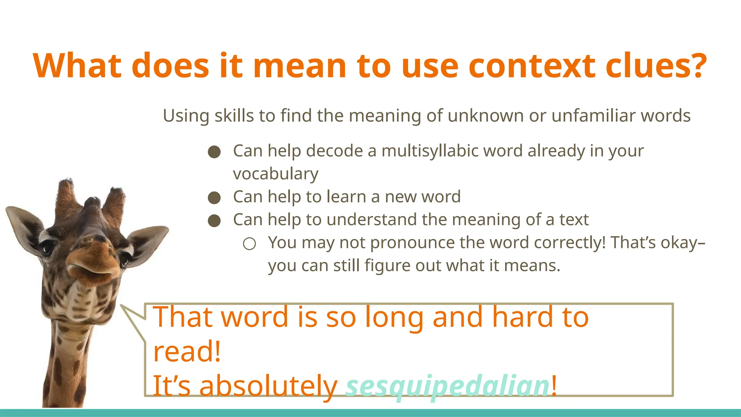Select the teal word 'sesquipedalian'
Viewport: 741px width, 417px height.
click(x=448, y=386)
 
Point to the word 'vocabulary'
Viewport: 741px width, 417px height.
click(x=276, y=174)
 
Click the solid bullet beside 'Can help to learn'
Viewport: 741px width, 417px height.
click(x=214, y=198)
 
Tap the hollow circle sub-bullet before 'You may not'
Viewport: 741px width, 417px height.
click(x=249, y=244)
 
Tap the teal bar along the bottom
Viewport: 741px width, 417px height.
click(x=370, y=413)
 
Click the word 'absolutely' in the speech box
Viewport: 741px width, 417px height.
click(x=268, y=386)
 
